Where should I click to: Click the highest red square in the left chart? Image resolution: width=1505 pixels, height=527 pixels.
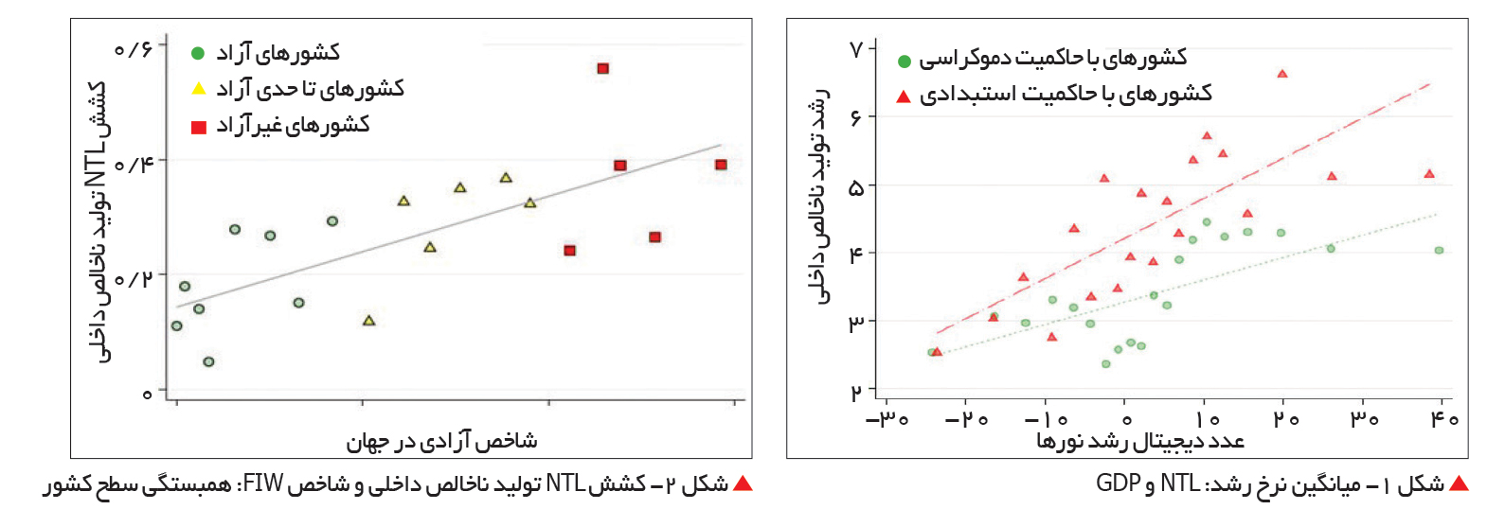coord(602,68)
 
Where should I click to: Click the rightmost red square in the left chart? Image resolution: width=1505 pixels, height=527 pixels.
coord(721,165)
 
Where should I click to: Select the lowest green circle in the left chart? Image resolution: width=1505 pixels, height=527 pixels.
coord(208,361)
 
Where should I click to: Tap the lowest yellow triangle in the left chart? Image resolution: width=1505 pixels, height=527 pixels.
coord(368,320)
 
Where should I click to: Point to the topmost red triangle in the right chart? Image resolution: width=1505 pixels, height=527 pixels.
coord(1281,74)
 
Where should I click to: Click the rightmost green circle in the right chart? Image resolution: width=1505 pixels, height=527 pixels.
coord(1439,251)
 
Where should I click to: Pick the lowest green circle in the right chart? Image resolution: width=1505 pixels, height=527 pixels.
coord(1106,364)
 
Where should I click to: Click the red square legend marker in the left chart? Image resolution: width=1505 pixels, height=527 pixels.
coord(199,126)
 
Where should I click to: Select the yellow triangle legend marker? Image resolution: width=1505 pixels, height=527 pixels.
coord(199,89)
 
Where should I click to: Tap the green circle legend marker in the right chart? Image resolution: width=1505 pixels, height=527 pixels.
coord(905,61)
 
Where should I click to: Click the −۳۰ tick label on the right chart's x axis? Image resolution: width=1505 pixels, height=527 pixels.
coord(887,419)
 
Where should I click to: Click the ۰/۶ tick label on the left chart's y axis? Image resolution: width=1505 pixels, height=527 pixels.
coord(133,49)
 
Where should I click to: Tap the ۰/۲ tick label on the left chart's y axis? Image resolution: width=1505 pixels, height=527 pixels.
coord(133,278)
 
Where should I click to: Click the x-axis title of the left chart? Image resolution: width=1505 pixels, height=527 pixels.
coord(442,442)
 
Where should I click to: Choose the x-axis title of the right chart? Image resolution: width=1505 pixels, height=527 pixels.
coord(1141,441)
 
